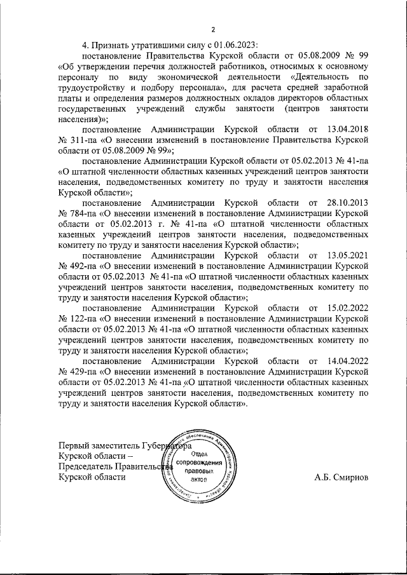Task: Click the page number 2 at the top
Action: [214, 29]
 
